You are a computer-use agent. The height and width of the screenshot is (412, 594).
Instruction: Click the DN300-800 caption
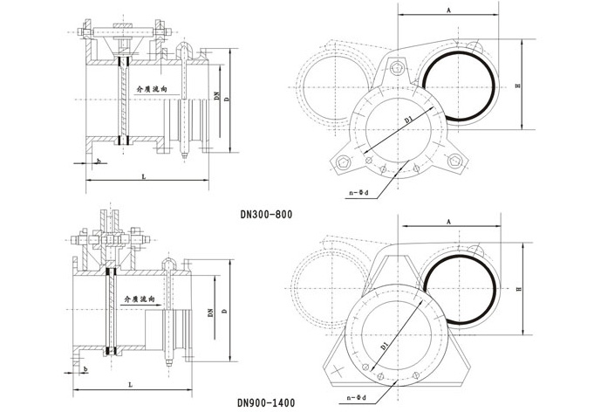click(266, 215)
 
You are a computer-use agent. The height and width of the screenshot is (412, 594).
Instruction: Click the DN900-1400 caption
click(266, 402)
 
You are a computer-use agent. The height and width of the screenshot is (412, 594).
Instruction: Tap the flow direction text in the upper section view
click(152, 89)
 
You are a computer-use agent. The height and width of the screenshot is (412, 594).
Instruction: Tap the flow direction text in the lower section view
click(140, 299)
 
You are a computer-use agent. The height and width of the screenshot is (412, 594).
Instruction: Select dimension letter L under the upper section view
click(144, 176)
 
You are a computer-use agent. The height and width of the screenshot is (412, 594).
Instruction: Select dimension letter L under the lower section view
click(130, 385)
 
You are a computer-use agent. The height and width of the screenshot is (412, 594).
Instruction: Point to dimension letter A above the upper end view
click(449, 10)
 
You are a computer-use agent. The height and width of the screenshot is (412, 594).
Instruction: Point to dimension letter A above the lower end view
click(449, 222)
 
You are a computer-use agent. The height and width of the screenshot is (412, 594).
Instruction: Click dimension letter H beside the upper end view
click(518, 86)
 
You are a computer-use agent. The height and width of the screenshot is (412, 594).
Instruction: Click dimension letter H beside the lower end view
click(519, 289)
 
